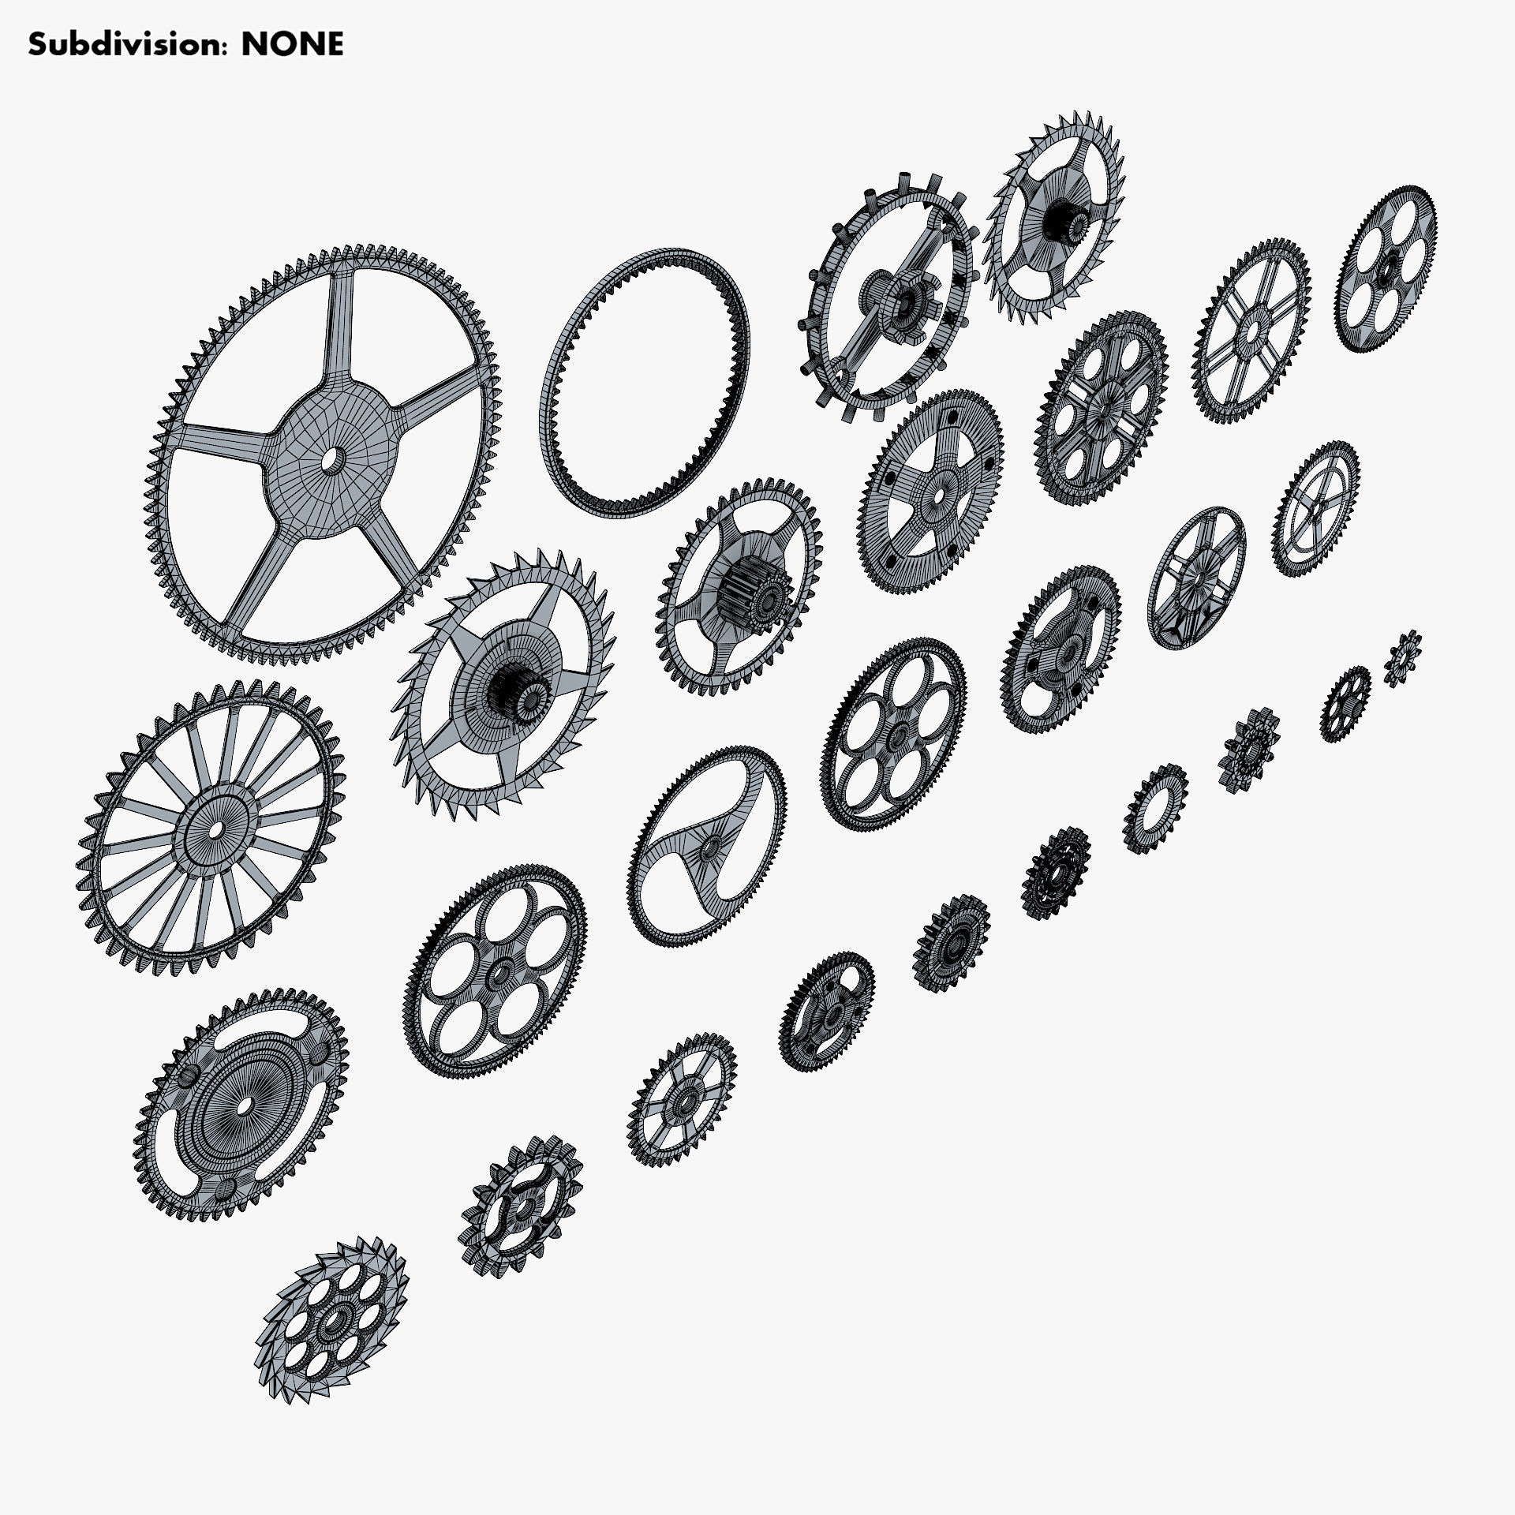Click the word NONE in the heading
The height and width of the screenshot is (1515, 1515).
tap(292, 44)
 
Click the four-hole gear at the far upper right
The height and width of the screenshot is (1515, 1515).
tap(1386, 268)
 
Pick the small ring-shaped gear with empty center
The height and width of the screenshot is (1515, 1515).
tap(1155, 809)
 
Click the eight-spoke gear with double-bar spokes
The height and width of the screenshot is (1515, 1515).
tap(1251, 331)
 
